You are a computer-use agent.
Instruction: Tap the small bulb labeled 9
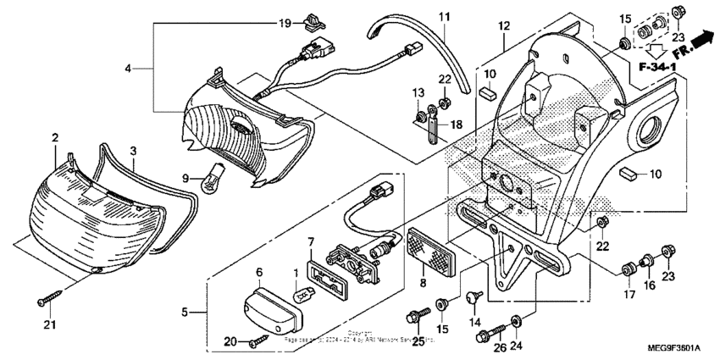(x=207, y=178)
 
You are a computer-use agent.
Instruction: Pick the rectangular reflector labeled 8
(x=433, y=244)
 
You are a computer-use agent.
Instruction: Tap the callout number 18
(x=457, y=125)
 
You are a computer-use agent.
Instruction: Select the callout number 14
(x=474, y=323)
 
